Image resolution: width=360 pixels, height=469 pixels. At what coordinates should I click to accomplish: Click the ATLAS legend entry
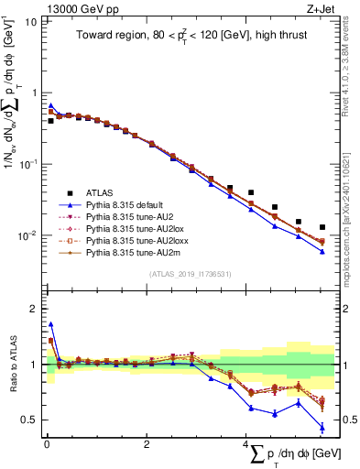(x=103, y=192)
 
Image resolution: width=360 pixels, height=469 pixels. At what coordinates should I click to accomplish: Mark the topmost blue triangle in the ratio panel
(x=51, y=324)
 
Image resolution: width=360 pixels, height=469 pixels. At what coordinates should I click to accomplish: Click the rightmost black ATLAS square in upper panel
(x=322, y=227)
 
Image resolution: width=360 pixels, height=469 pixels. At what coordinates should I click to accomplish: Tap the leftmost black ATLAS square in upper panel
(x=51, y=120)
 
